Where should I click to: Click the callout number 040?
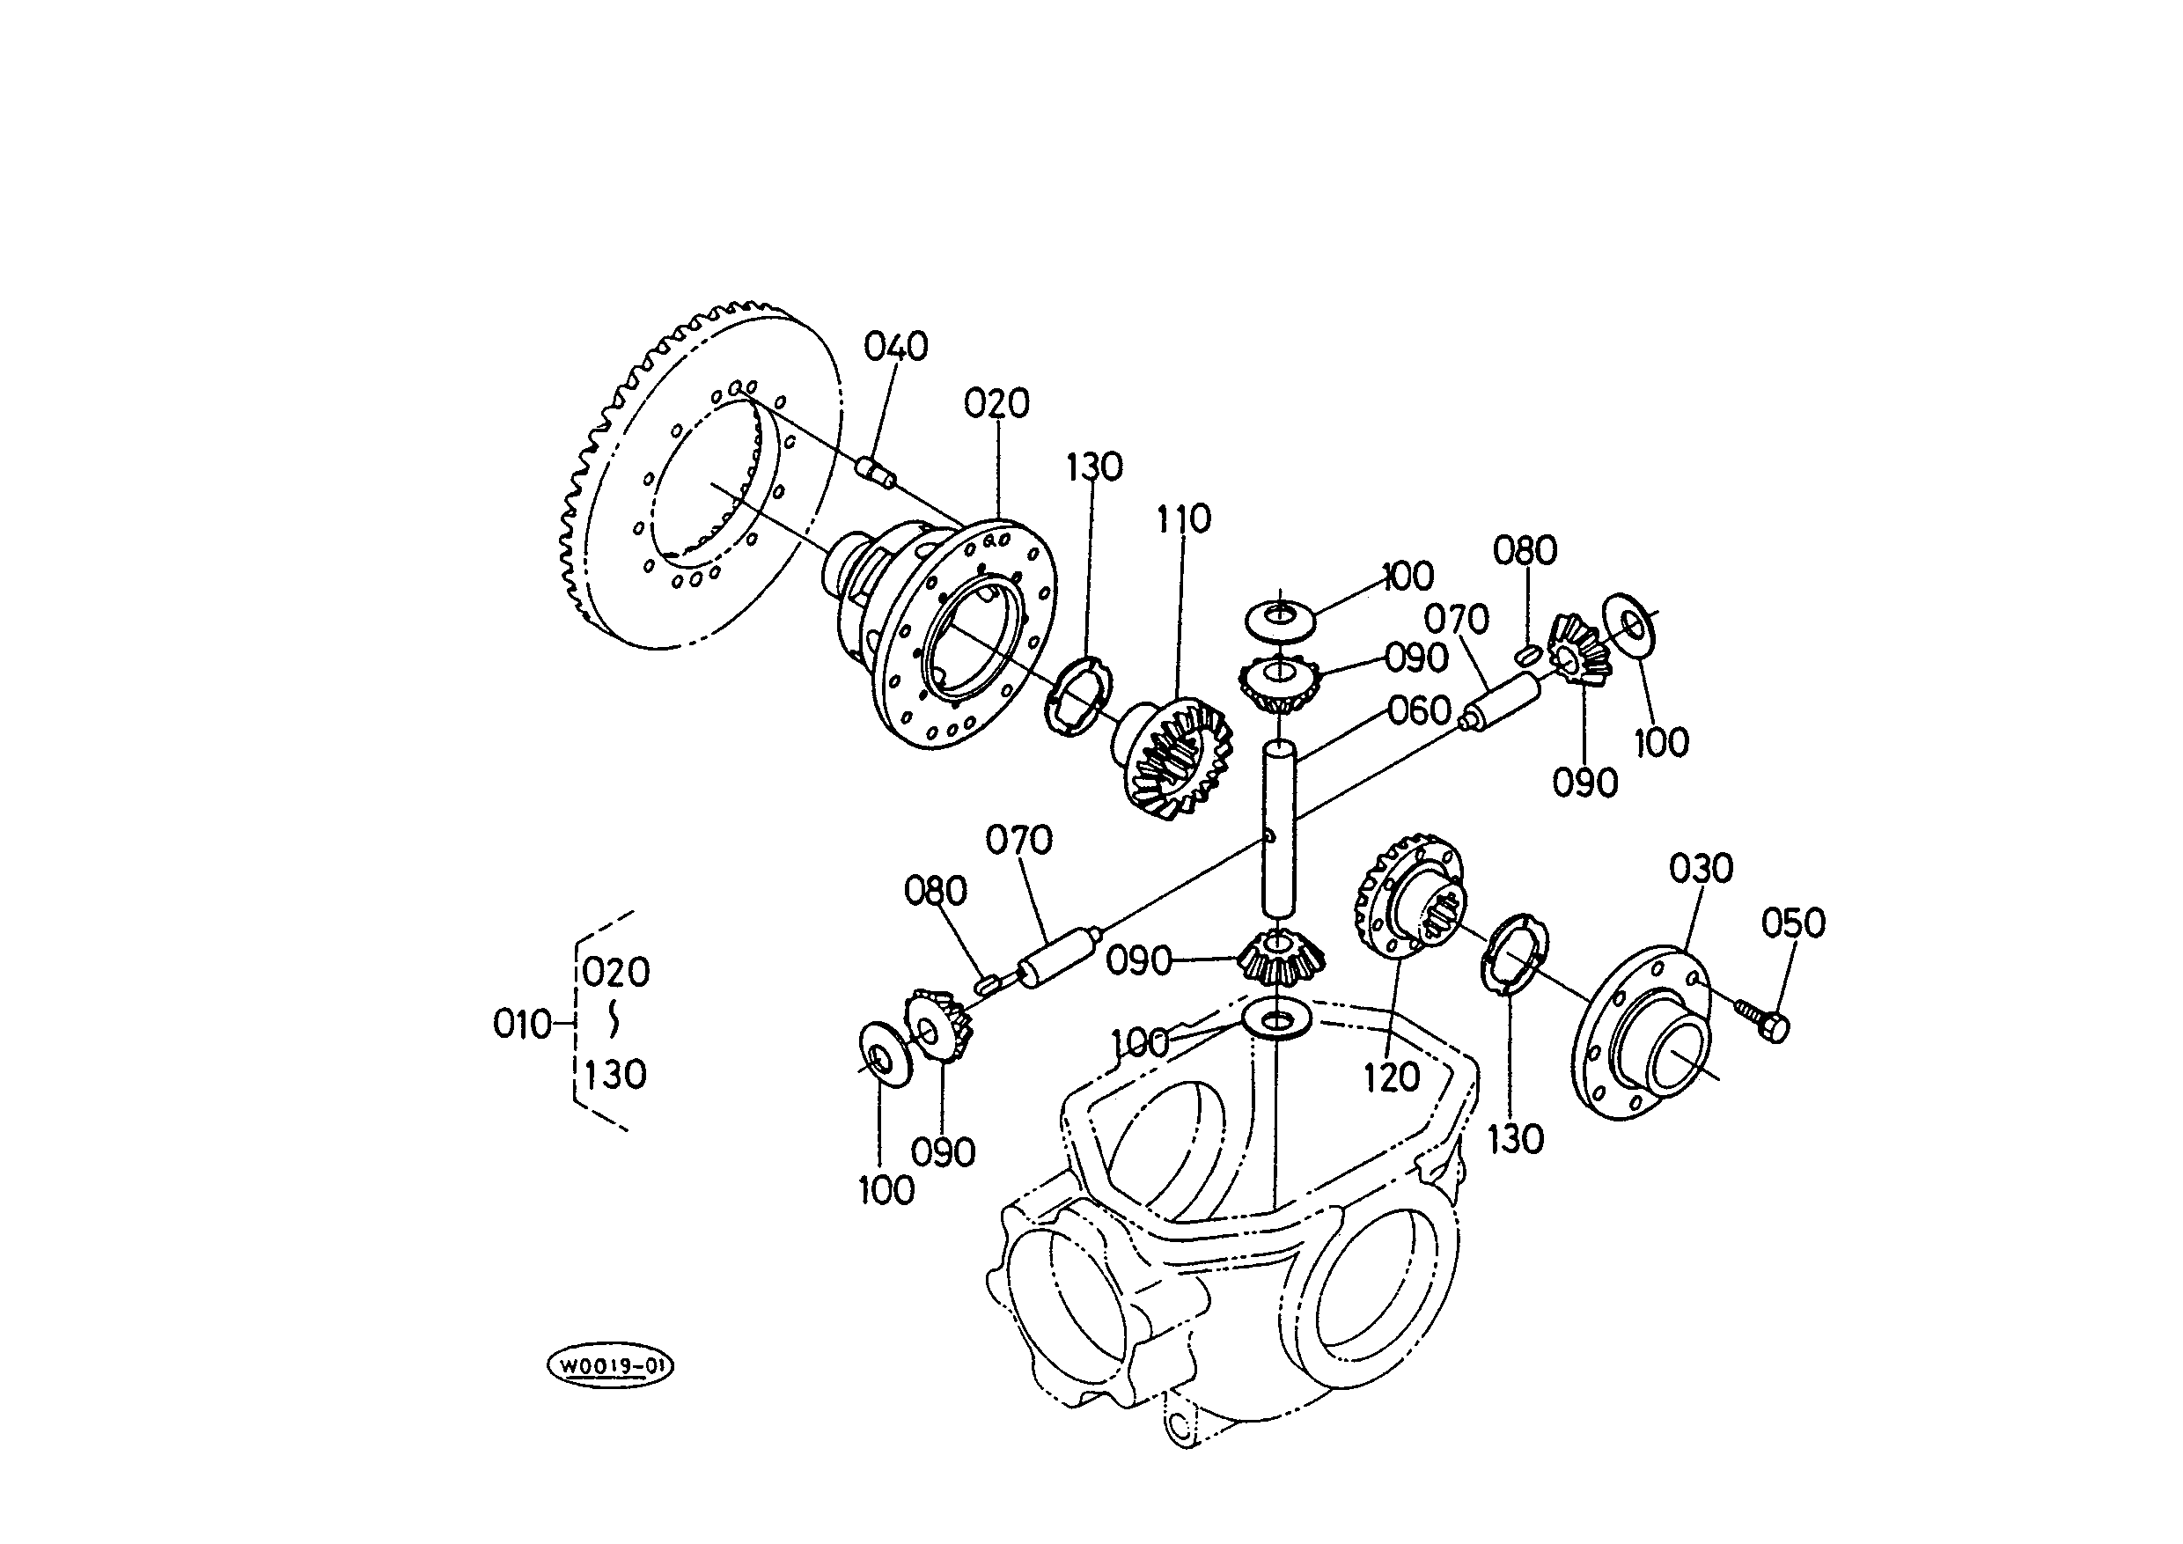pos(895,346)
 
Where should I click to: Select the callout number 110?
pos(1184,519)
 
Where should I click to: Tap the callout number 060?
pos(1419,710)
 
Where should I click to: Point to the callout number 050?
pos(1793,923)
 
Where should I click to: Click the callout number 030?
pos(1701,868)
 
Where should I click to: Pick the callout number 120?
pos(1392,1078)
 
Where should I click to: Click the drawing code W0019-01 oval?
pos(610,1367)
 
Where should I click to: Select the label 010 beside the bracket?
pos(523,1024)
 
